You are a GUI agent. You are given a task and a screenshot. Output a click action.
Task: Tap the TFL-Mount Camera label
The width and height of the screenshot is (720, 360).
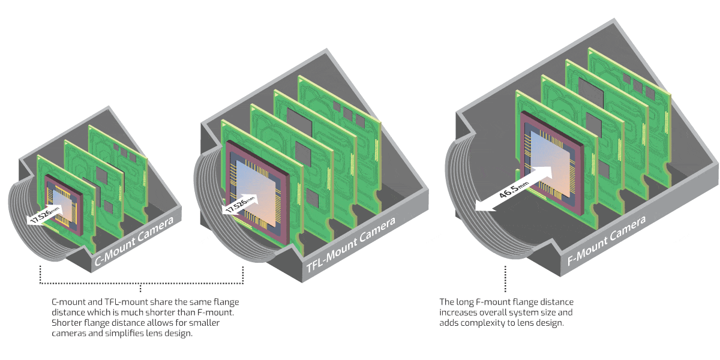(x=351, y=245)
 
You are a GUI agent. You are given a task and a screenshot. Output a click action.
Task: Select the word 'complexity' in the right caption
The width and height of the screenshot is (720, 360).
(x=480, y=323)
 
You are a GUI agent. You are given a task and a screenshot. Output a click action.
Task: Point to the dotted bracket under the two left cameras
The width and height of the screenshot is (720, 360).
(x=141, y=283)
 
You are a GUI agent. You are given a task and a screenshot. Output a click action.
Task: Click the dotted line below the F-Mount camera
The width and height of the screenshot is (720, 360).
(x=506, y=279)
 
